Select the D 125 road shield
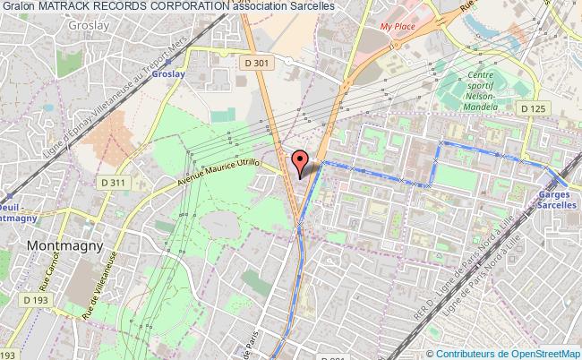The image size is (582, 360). click(534, 108)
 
